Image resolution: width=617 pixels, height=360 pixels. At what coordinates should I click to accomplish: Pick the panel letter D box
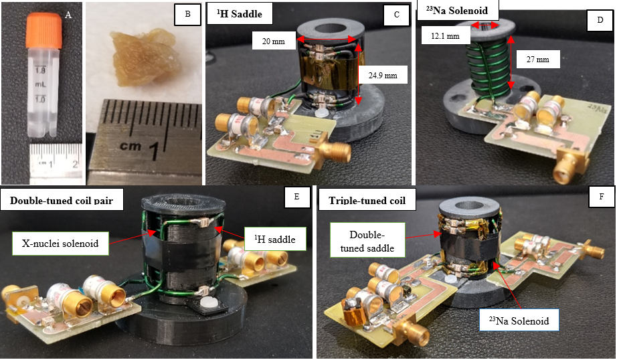tap(600, 21)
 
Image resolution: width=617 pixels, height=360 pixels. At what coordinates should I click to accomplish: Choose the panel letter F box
tap(600, 198)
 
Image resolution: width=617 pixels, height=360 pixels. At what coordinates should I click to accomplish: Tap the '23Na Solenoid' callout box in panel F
tap(521, 321)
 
